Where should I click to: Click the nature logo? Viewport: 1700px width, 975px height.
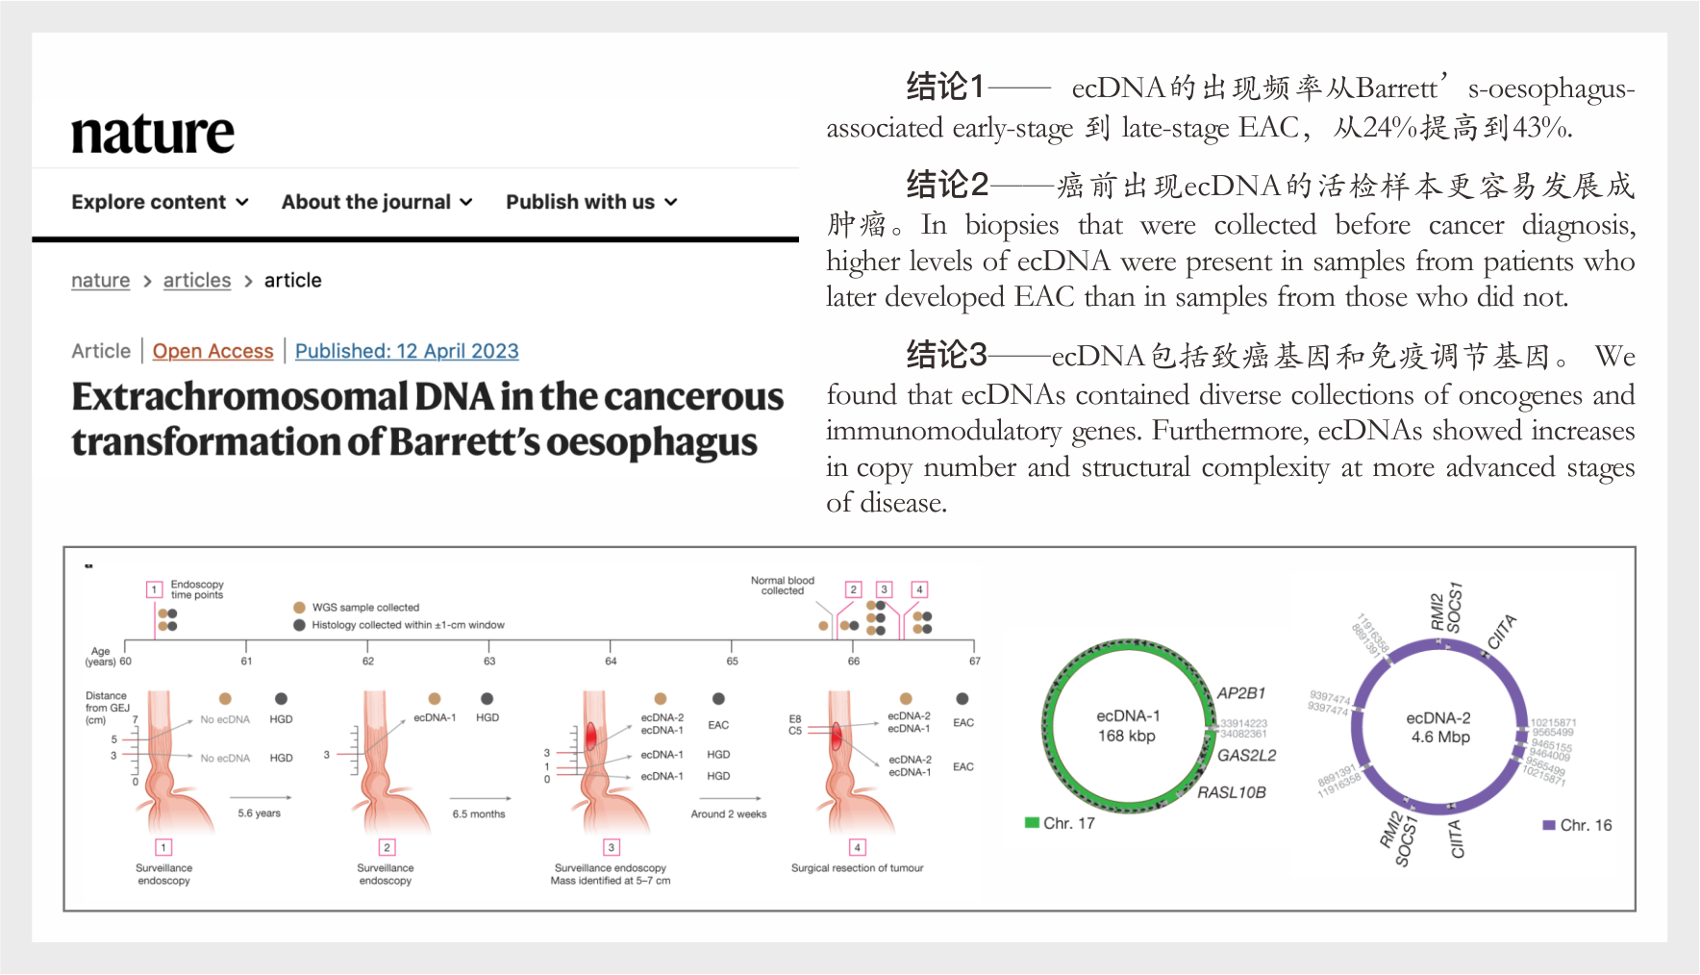152,133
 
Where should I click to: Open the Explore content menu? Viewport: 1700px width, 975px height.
160,202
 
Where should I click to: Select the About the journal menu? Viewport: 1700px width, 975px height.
376,202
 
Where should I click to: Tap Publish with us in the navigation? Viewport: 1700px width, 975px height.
590,202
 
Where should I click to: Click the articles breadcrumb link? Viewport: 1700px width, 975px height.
197,281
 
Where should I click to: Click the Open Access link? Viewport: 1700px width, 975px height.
212,351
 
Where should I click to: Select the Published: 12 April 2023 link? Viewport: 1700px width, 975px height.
407,351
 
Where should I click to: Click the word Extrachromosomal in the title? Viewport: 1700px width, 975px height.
240,397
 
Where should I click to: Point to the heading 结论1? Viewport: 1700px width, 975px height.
945,87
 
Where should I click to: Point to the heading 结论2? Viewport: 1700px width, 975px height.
947,184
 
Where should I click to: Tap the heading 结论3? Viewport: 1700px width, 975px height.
946,356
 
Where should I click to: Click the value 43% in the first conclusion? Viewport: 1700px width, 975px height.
1540,128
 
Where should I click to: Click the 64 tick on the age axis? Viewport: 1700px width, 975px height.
611,661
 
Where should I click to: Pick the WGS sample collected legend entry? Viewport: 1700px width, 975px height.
364,608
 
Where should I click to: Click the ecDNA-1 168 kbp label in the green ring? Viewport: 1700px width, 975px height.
1127,726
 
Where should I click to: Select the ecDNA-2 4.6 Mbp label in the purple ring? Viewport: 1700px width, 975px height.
1439,728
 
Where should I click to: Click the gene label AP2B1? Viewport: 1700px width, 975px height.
1240,693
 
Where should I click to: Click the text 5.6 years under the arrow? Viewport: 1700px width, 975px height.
259,813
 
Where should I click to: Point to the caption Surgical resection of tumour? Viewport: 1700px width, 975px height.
857,868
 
